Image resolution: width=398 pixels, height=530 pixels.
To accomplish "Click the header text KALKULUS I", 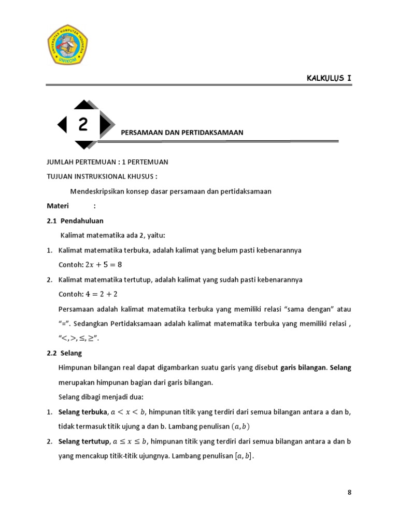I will (329, 78).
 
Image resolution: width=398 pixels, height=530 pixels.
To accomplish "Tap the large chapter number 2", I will (83, 124).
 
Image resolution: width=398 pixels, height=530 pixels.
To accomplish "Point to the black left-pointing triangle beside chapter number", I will (62, 124).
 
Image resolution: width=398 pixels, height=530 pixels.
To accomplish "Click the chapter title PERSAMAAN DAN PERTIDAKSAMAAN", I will (182, 132).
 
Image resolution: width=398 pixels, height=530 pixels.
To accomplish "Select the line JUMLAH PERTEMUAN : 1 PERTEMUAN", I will (107, 162).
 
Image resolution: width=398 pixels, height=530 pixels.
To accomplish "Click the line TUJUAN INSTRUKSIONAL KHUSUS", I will (102, 176).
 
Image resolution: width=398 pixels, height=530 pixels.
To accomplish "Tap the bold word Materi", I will (58, 205).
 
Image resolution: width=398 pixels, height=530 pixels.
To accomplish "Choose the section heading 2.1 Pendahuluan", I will (75, 220).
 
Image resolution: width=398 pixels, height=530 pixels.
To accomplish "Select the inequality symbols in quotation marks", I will (79, 339).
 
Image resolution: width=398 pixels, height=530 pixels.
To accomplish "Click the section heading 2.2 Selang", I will (64, 354).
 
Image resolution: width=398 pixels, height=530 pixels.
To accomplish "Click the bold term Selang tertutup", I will (83, 441).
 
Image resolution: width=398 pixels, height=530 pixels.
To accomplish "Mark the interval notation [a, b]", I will (245, 456).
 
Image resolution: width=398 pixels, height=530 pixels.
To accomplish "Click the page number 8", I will (349, 492).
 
